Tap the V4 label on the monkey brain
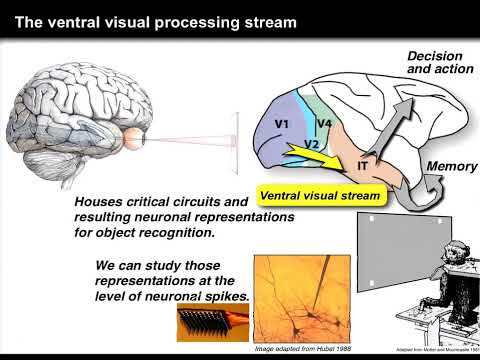click(x=324, y=123)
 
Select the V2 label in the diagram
click(x=310, y=144)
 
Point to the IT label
click(x=364, y=160)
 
